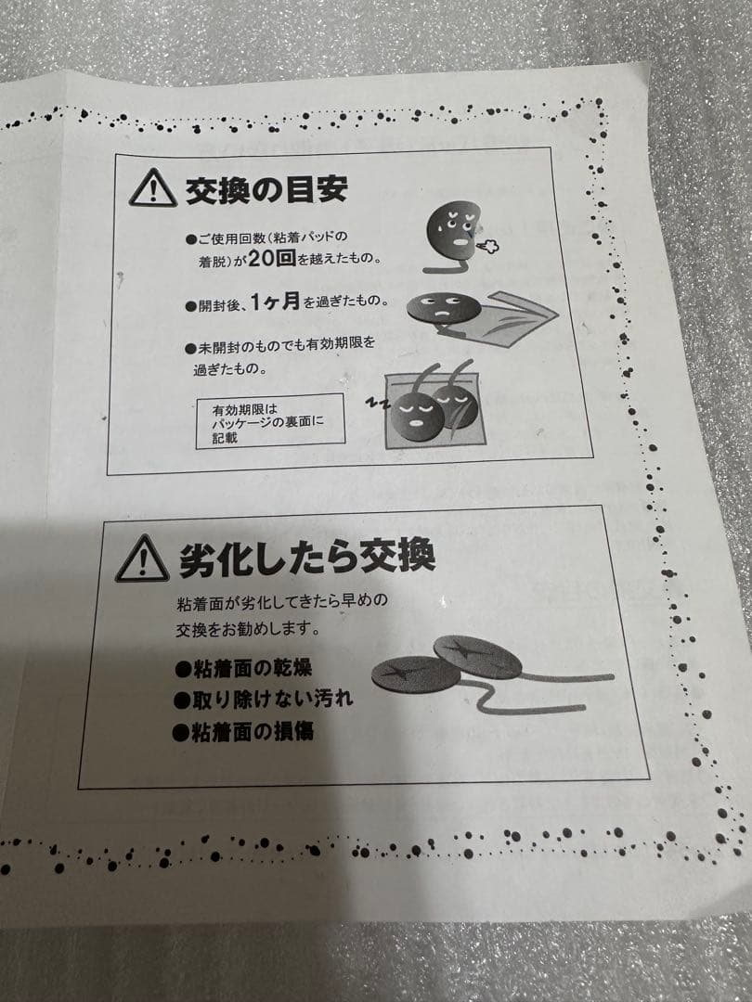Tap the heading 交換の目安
pos(266,188)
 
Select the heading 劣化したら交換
pos(306,559)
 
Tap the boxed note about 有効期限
pos(269,423)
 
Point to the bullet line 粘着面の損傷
pos(243,731)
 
